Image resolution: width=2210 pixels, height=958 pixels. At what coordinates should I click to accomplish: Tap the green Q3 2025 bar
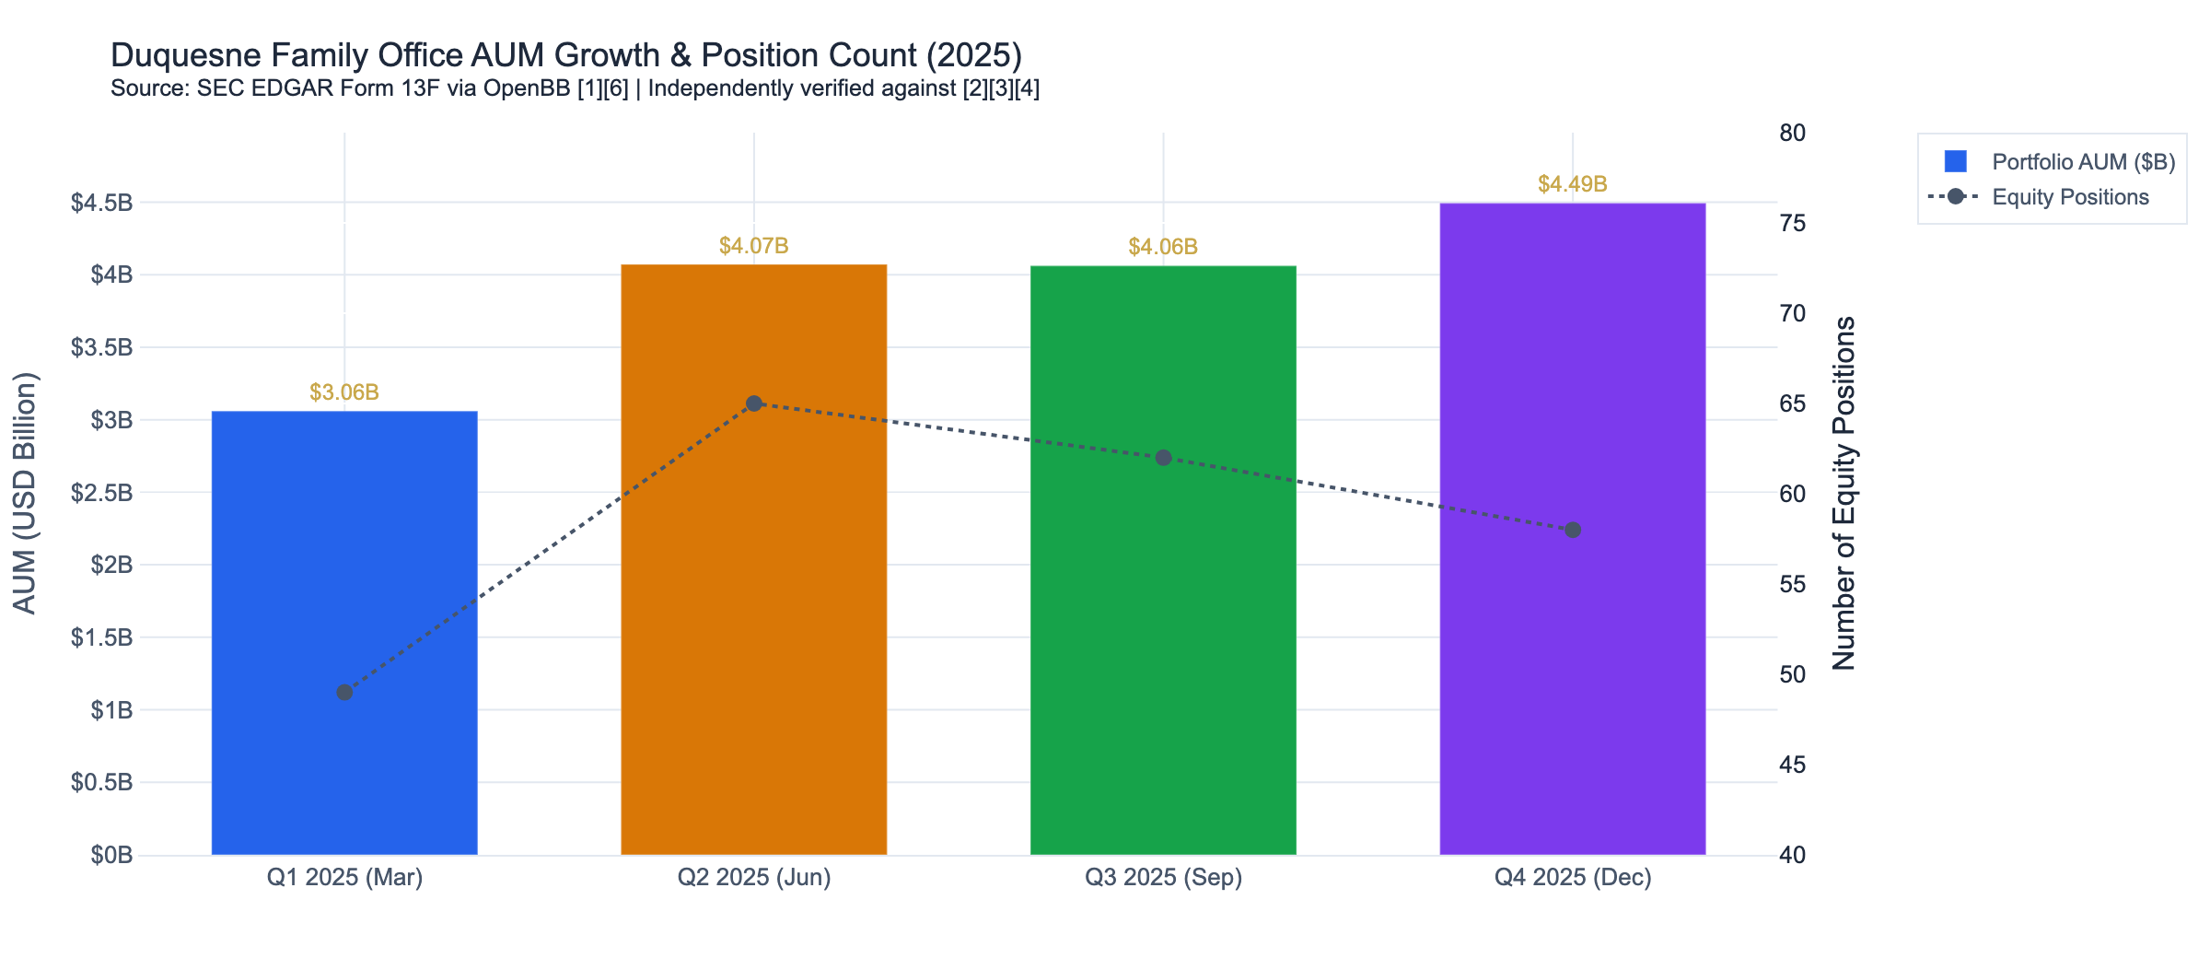1163,645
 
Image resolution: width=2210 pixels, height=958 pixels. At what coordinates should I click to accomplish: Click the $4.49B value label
1572,184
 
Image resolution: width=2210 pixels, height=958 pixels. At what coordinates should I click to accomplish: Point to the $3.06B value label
344,392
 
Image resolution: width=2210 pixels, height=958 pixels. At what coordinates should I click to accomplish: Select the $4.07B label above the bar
753,246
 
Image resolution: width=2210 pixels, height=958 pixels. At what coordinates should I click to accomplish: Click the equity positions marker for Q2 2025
754,403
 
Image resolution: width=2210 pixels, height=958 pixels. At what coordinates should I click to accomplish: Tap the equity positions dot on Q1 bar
344,692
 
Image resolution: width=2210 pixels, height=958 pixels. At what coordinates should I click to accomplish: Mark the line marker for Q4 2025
1573,530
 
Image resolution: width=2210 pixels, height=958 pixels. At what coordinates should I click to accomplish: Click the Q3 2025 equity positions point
1163,458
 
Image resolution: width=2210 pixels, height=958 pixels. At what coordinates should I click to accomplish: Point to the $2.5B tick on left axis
101,493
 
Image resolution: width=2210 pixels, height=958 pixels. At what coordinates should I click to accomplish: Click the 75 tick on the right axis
1792,224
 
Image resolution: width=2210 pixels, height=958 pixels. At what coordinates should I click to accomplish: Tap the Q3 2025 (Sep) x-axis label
1163,877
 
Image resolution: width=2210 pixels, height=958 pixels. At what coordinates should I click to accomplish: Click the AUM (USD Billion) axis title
25,493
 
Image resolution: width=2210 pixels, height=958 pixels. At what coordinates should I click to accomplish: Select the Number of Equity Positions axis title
1844,493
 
